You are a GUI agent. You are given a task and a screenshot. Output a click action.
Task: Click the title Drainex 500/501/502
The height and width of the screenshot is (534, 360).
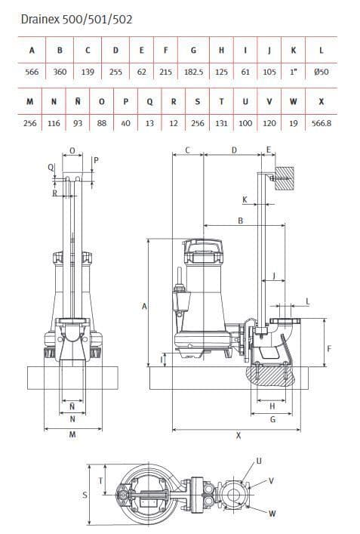pos(78,19)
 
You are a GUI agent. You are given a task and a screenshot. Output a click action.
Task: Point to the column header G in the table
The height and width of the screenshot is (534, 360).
pos(194,51)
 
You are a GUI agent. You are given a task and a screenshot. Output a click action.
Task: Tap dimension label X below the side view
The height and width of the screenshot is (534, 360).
pos(238,435)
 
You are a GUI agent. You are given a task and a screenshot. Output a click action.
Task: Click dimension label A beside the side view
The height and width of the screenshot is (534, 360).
pos(143,306)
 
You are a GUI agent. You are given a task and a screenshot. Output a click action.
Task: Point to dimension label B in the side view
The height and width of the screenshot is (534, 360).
pos(240,221)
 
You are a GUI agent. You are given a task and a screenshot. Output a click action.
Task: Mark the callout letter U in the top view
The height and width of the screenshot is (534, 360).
pos(259,460)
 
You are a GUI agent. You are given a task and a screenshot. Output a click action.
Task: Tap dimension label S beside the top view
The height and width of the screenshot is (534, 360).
pos(84,495)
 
